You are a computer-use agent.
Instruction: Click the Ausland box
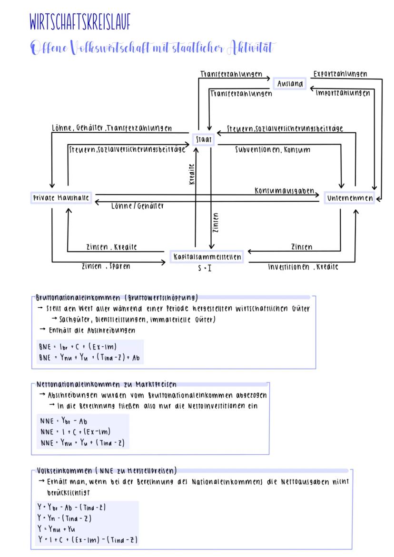coord(290,84)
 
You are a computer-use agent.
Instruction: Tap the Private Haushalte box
coord(61,198)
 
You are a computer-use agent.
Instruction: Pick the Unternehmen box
coord(350,198)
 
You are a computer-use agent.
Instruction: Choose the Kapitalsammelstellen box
coord(207,257)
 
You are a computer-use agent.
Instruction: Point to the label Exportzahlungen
coord(340,74)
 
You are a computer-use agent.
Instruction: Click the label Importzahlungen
coord(343,93)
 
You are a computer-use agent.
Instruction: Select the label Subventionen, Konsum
coord(273,150)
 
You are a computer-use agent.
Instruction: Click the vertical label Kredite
coord(192,175)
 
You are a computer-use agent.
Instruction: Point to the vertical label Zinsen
coord(217,223)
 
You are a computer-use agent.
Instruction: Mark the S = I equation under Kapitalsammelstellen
coord(205,268)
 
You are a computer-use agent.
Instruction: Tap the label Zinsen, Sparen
coord(106,266)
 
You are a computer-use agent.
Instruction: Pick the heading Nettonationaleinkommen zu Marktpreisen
coord(107,385)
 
